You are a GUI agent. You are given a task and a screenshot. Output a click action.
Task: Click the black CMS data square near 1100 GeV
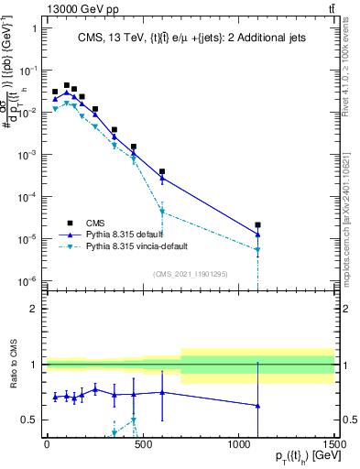(258, 224)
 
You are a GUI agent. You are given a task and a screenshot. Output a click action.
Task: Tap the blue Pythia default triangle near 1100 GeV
(258, 235)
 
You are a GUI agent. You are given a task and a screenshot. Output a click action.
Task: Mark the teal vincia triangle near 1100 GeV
(258, 250)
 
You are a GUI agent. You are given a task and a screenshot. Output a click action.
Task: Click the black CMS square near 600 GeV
(162, 171)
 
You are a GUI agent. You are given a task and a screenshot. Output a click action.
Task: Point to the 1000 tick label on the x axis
(238, 447)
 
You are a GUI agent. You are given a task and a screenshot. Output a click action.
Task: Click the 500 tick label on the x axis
(142, 447)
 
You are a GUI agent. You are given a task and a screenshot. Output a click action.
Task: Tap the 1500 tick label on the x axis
(334, 447)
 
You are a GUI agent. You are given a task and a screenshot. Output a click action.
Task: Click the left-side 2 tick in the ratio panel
(33, 309)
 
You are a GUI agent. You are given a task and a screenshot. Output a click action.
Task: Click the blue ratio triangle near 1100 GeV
(258, 405)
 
